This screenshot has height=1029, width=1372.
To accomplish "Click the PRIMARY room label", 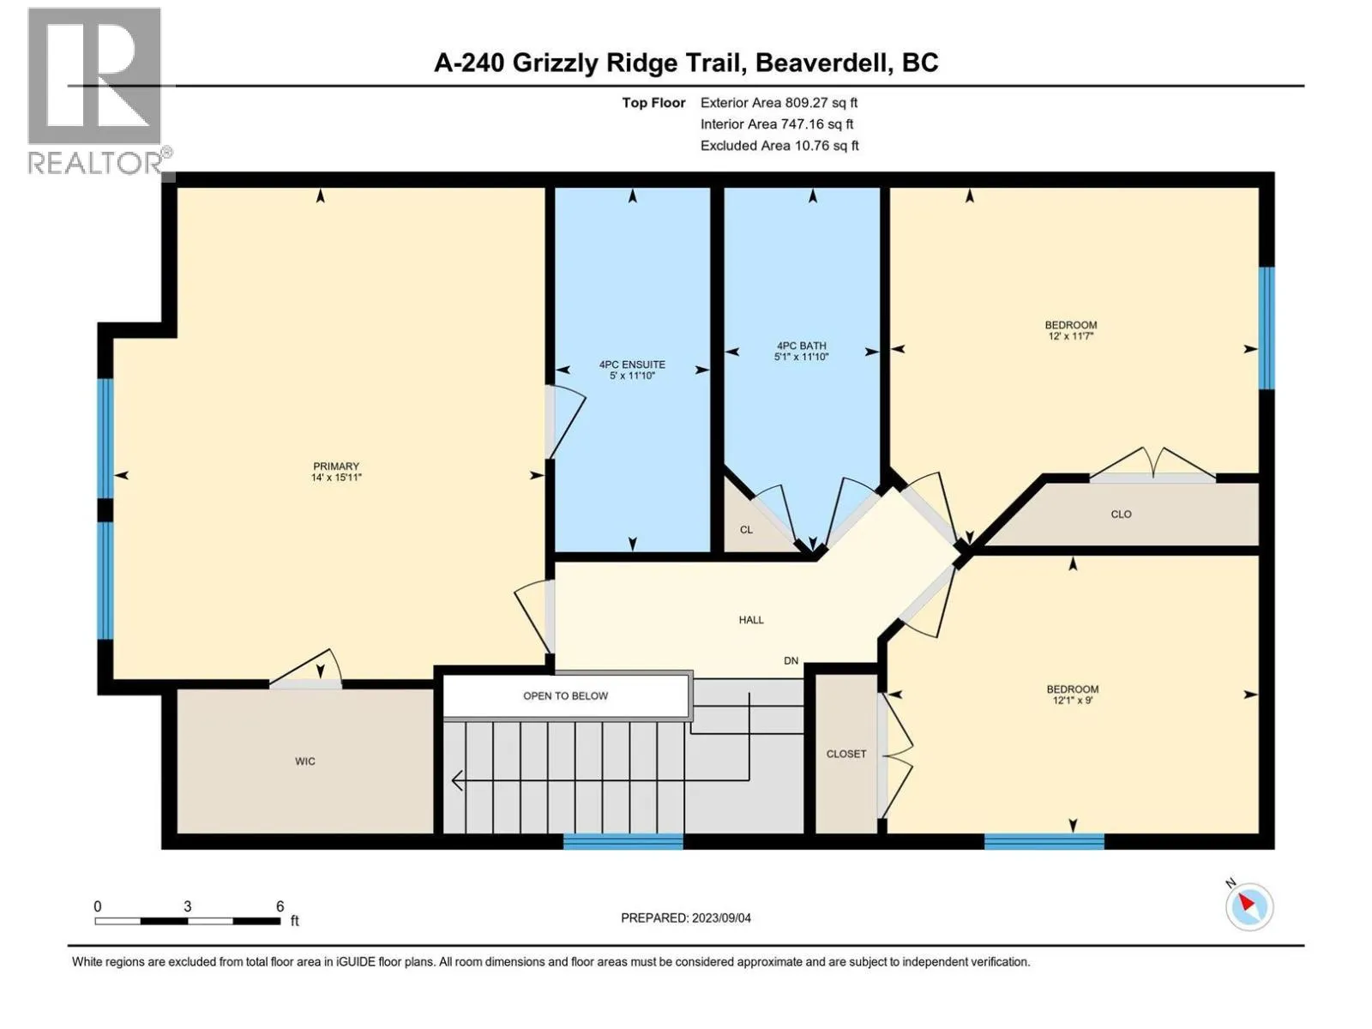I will click(x=336, y=466).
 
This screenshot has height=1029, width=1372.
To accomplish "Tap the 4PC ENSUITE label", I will click(x=632, y=364).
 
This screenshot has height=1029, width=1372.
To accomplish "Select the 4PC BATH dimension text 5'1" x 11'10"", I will click(x=801, y=357).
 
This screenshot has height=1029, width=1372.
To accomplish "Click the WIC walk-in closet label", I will click(x=305, y=761).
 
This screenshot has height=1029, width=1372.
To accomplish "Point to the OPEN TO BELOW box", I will click(x=565, y=695).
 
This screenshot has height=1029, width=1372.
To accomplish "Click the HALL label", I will click(x=751, y=620).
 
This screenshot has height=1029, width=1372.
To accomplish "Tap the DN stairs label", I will click(x=791, y=660).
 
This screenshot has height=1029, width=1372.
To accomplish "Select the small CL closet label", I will click(x=746, y=530).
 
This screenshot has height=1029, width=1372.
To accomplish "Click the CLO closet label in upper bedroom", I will click(x=1121, y=514).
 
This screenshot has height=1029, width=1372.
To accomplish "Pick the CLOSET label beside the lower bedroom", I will click(x=846, y=754).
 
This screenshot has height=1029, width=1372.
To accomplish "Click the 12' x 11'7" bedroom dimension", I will click(x=1071, y=336).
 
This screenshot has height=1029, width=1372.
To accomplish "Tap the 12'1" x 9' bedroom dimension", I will click(x=1072, y=700).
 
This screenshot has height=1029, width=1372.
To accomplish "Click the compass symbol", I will click(x=1249, y=906).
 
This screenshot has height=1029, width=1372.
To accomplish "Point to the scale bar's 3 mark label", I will click(x=187, y=906).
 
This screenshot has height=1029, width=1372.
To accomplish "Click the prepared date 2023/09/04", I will click(x=720, y=918).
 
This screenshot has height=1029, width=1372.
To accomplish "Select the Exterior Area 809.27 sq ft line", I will click(x=779, y=103).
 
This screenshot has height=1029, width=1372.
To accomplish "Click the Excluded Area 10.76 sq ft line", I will click(x=779, y=146).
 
